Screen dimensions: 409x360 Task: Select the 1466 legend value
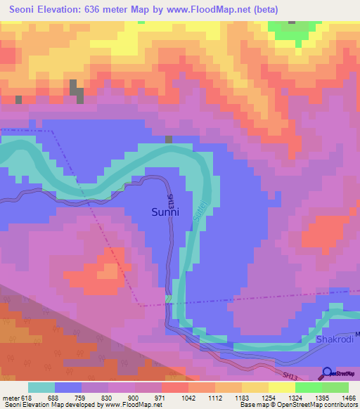click(349, 398)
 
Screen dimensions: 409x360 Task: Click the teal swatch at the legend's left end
click(41, 387)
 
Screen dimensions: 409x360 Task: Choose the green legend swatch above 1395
click(309, 387)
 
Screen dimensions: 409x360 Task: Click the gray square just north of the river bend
click(169, 139)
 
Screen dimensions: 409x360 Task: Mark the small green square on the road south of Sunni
click(168, 299)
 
